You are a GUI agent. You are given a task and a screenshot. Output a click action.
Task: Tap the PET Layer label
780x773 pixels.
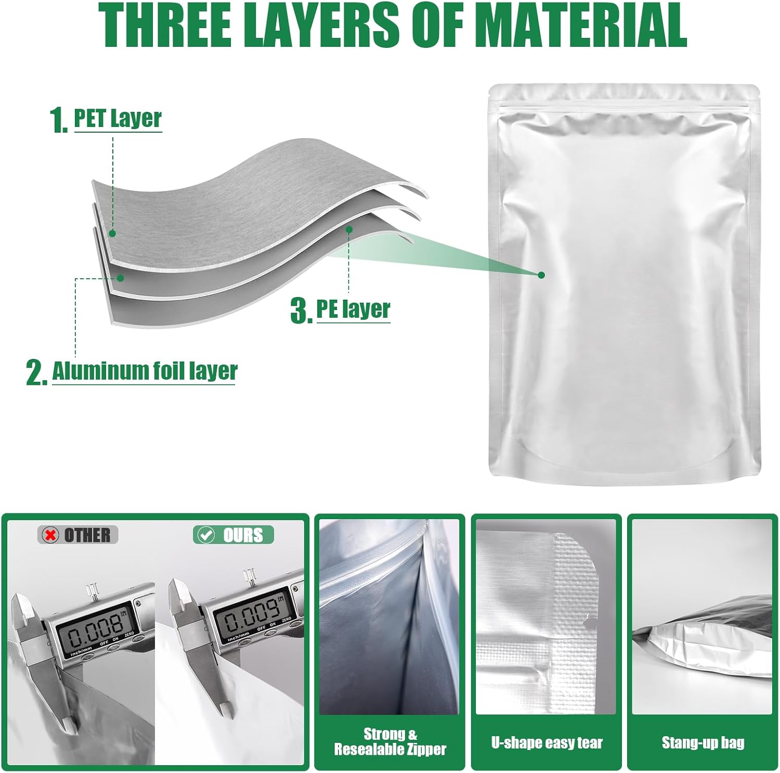coord(118,119)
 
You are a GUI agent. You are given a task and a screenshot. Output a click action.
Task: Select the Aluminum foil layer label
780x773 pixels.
coord(145,371)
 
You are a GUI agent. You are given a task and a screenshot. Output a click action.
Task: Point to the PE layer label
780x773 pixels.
coord(354,309)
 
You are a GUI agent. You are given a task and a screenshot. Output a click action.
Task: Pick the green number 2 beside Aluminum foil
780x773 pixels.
coord(36,374)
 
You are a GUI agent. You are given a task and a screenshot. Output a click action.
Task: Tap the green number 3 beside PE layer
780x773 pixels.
coord(301,311)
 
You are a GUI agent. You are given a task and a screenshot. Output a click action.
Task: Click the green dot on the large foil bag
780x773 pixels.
coord(541,275)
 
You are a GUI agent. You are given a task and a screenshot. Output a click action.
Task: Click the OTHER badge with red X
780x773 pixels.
coord(78,535)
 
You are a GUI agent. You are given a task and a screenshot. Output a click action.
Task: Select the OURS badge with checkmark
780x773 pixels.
coord(233,535)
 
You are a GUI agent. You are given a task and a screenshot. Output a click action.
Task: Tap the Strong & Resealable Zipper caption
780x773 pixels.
coord(390,742)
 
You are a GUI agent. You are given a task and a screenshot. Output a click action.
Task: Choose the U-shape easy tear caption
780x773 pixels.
coord(547,742)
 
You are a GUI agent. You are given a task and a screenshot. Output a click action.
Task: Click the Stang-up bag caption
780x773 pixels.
coord(703,742)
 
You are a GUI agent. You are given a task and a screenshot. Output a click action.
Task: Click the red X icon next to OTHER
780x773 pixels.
coord(50,535)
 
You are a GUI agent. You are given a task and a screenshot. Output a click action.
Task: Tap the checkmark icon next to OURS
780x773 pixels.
coord(206,535)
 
